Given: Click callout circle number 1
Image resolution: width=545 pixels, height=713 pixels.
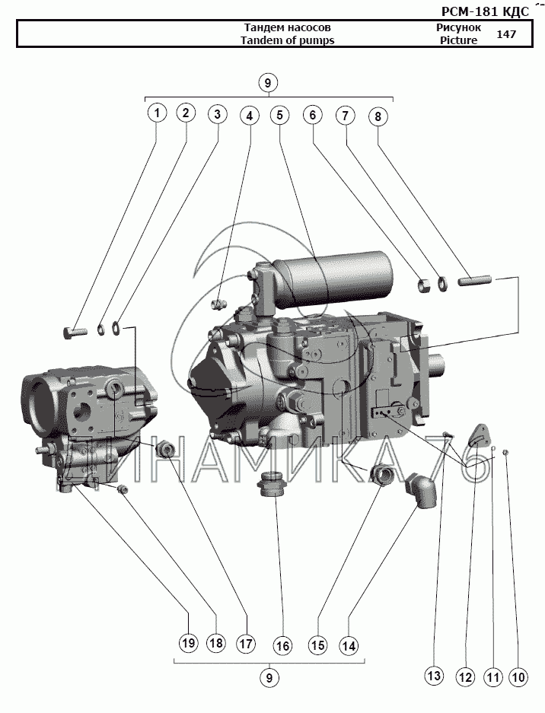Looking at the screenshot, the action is [157, 114].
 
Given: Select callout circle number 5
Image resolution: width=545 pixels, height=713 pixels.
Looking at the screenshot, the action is [280, 115].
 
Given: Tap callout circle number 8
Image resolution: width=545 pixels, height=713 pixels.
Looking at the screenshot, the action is [378, 116].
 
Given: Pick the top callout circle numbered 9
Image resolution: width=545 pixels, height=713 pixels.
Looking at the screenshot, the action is [267, 82].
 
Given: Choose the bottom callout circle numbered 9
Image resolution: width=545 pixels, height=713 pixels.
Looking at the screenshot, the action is [267, 676].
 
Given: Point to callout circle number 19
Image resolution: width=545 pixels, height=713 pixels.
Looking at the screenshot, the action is [188, 643].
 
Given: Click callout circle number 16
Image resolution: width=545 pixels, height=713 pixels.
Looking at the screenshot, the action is [282, 646].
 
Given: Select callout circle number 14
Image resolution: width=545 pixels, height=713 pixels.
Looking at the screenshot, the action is [349, 646].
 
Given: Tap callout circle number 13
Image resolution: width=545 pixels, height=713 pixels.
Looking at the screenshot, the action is [433, 675].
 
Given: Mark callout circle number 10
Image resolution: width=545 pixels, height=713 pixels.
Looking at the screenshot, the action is [518, 675].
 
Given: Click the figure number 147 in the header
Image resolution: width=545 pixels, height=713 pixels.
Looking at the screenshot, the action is [506, 34].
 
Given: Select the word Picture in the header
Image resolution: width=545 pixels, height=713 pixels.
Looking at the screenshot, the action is [458, 40].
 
